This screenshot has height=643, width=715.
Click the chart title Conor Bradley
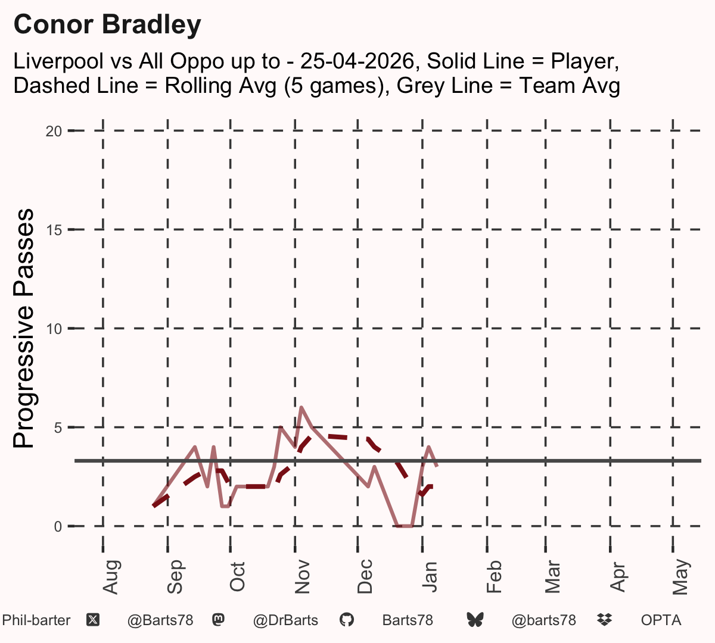[107, 25]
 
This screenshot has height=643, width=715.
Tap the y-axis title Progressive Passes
[23, 328]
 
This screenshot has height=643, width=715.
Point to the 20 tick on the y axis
[54, 132]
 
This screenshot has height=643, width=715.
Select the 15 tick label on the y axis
[54, 230]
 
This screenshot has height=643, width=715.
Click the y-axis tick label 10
[54, 329]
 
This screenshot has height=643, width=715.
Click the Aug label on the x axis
[111, 577]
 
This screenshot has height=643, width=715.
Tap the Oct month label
[237, 577]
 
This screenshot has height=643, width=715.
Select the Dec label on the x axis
[365, 576]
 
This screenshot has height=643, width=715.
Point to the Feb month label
[494, 576]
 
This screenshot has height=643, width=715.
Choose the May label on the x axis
[681, 577]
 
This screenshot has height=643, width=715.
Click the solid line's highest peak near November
[301, 407]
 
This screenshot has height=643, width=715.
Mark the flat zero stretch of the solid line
[405, 526]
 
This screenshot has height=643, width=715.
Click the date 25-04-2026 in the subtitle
[357, 61]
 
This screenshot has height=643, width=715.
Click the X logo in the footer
[93, 620]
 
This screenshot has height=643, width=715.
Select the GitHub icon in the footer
[346, 620]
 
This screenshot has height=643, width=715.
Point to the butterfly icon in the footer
[475, 620]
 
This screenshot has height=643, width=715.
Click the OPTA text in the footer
[661, 620]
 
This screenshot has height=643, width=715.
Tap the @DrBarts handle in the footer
[285, 620]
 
